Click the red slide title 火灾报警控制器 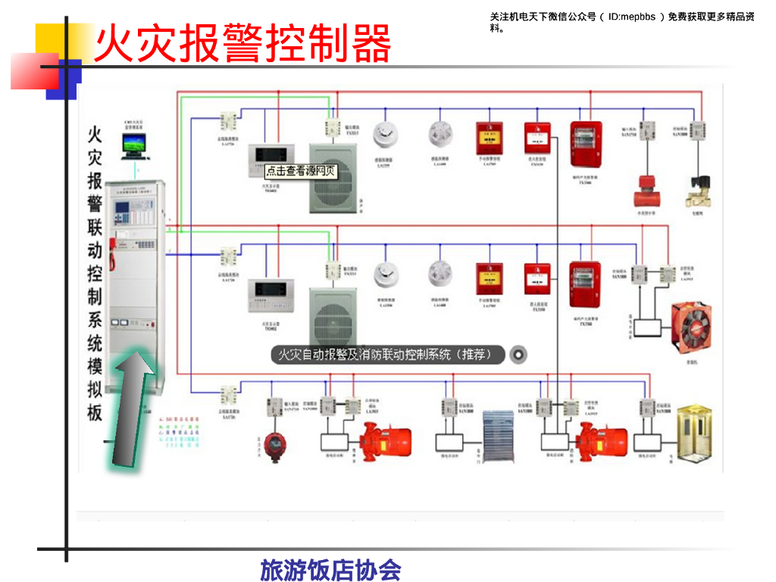[x=242, y=43]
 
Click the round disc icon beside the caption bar [x=519, y=354]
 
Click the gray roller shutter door [x=499, y=435]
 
